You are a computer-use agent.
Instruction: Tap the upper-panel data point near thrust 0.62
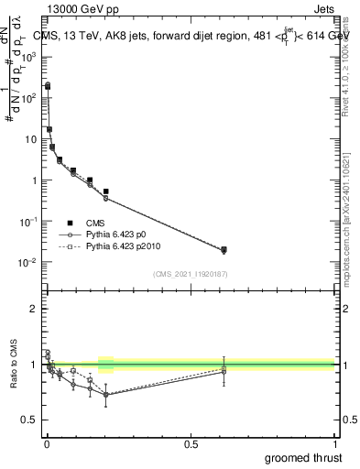pos(224,249)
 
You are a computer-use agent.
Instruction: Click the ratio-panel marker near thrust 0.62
pos(224,370)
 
